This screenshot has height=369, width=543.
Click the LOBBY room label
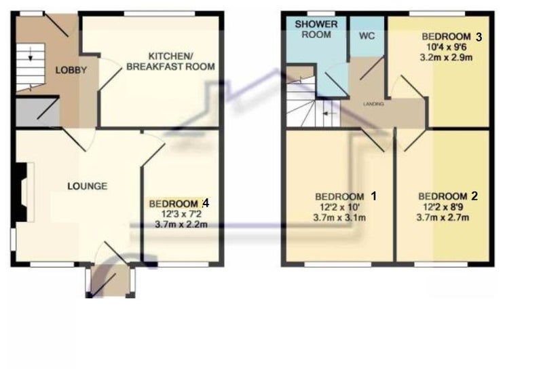pos(71,69)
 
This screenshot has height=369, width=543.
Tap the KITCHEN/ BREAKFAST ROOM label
pos(171,60)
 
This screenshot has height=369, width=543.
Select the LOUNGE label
pos(86,186)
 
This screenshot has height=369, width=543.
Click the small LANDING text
pos(373,104)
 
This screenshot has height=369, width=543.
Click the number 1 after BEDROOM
pos(373,196)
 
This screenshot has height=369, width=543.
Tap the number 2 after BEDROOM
pos(474,196)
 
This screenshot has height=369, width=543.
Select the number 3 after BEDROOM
pos(479,37)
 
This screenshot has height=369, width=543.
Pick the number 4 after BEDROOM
pos(206,203)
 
